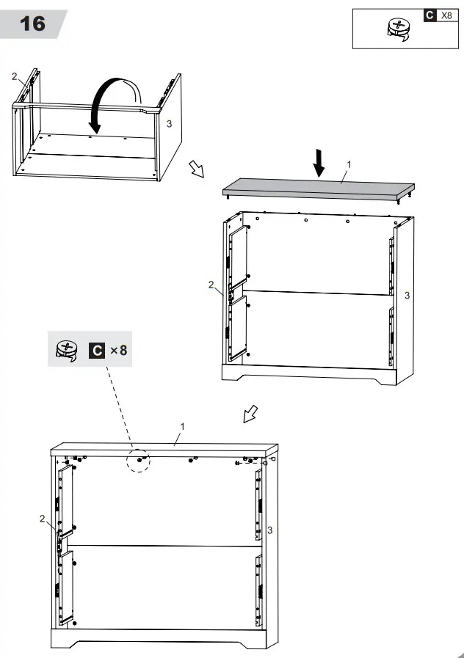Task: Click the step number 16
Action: point(32,23)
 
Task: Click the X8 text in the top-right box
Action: point(446,15)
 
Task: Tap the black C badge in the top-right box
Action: point(429,15)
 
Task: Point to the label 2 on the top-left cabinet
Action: point(13,76)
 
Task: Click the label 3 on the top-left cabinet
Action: point(169,124)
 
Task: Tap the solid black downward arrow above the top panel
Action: point(318,162)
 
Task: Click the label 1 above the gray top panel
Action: point(349,164)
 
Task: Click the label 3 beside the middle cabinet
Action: point(407,295)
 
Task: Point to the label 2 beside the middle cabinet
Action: point(211,285)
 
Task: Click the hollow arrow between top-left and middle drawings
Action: point(196,169)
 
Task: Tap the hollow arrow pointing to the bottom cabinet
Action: point(250,415)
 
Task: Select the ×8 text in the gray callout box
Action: point(118,350)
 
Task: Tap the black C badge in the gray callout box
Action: point(96,350)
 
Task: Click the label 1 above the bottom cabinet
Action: point(182,426)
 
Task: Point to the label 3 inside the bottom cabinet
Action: point(270,530)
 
